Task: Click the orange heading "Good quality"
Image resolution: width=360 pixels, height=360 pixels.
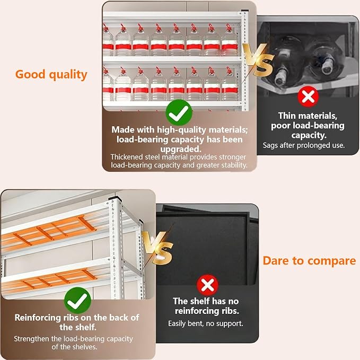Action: click(x=51, y=75)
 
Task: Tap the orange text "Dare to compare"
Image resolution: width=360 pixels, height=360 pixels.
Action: click(x=309, y=261)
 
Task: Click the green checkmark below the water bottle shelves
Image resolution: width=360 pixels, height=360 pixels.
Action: click(x=179, y=113)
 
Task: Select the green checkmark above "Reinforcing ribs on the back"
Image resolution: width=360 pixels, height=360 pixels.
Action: click(x=77, y=300)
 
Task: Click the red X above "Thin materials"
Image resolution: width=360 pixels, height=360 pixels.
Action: click(x=308, y=96)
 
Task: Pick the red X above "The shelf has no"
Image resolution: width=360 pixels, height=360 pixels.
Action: click(x=207, y=285)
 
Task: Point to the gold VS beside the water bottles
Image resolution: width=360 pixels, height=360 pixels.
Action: click(x=258, y=60)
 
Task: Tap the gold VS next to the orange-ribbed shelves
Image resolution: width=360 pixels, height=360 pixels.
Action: click(x=157, y=248)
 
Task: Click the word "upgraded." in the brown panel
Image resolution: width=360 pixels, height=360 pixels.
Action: click(x=181, y=149)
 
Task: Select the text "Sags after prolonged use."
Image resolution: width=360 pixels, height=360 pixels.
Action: click(x=304, y=145)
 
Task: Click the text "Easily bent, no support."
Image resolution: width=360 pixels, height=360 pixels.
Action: click(x=206, y=323)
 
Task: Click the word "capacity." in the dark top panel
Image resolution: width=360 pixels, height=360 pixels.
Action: click(x=309, y=135)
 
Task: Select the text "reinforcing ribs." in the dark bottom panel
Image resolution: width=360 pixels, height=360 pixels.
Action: click(x=207, y=311)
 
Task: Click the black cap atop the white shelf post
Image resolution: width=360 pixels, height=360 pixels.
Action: click(x=115, y=198)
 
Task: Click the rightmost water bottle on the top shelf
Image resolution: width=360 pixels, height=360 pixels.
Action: click(x=230, y=40)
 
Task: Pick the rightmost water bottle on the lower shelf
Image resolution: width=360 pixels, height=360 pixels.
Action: click(x=230, y=84)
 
